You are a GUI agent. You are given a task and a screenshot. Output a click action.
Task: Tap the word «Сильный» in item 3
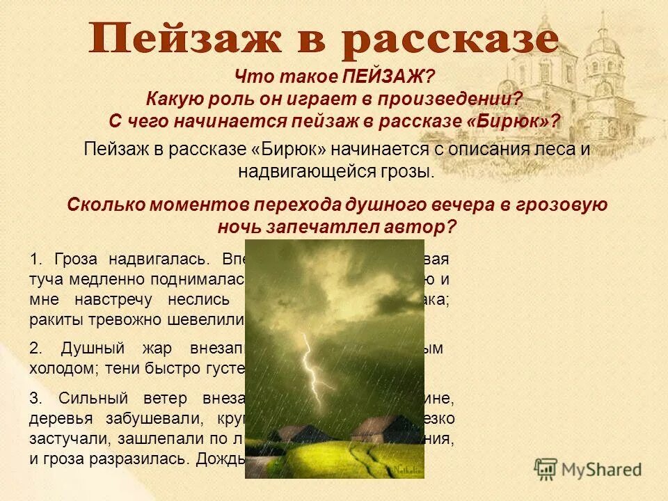(x=90, y=398)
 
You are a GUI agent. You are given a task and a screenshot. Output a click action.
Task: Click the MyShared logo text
(x=603, y=469)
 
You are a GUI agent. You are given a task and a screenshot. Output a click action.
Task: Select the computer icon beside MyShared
(x=546, y=468)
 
